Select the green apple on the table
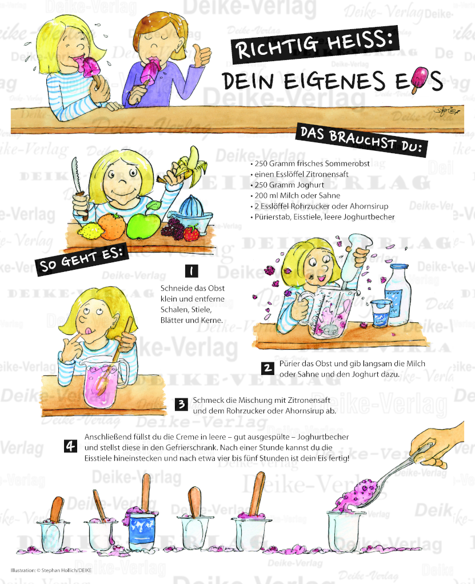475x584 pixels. tap(143, 223)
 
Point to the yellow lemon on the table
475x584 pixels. tap(89, 230)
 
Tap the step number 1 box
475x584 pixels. tap(191, 271)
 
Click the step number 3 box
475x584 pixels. tap(181, 405)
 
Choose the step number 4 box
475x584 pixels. tap(71, 446)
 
